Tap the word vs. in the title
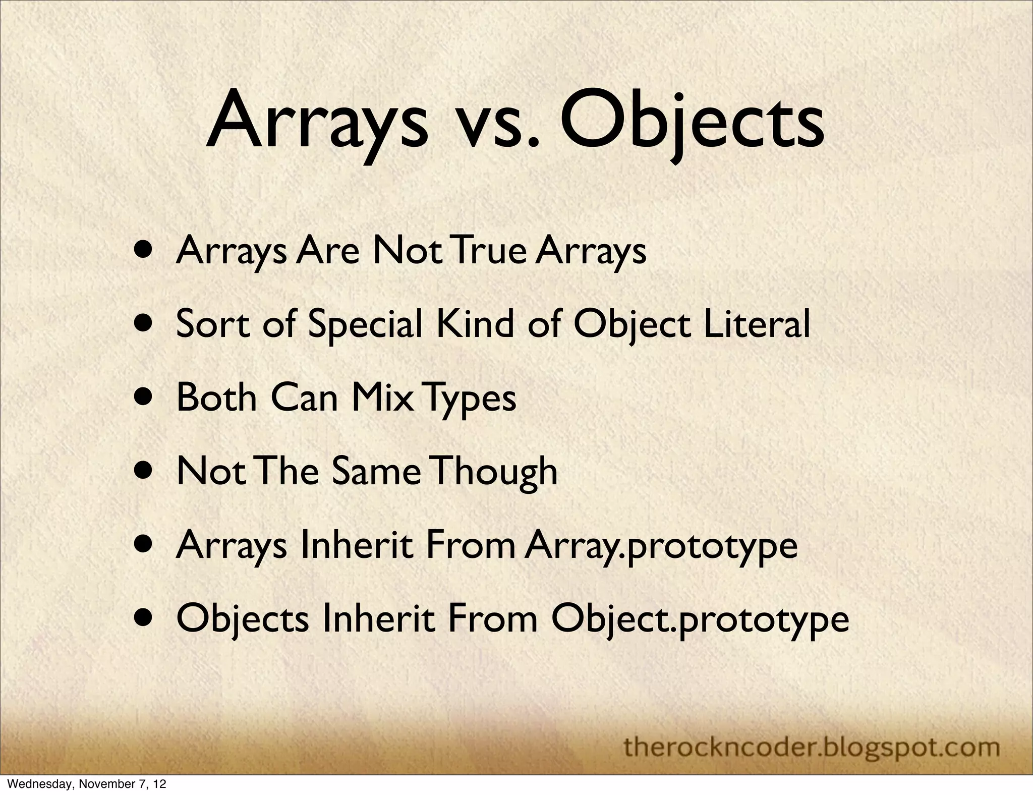[493, 126]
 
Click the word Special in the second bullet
[365, 324]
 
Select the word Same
[376, 471]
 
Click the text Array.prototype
[661, 546]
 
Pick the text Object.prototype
[701, 619]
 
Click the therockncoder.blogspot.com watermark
[812, 732]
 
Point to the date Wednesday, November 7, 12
[84, 784]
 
